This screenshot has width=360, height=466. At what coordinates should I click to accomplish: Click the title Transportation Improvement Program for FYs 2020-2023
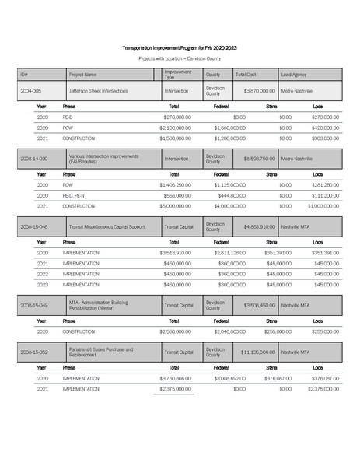point(180,46)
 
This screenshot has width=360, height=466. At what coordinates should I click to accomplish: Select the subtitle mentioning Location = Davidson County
point(180,58)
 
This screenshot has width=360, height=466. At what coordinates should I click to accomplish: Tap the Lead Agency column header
point(294,75)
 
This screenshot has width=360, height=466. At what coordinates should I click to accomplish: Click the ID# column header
point(24,75)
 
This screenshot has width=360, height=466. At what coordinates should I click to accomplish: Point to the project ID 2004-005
point(30,91)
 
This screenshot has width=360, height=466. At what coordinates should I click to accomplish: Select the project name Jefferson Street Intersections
point(100,91)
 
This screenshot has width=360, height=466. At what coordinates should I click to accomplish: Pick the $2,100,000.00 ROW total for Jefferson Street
point(175,127)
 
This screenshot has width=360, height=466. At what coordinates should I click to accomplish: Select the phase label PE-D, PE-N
point(74,195)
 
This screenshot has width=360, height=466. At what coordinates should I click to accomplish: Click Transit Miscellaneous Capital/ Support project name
point(107,226)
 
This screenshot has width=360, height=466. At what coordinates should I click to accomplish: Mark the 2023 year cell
point(43,284)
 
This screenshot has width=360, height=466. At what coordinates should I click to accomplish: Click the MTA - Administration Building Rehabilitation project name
point(103,305)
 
